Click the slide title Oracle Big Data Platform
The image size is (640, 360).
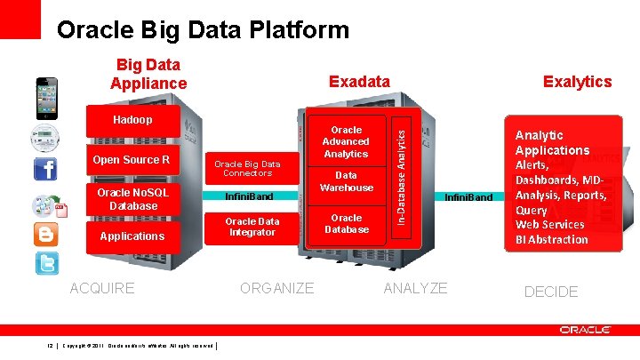[x=203, y=30]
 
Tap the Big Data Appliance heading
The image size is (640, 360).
[x=148, y=74]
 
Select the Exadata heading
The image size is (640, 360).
[x=359, y=82]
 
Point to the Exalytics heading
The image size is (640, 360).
[x=577, y=82]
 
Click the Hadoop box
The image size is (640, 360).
[x=132, y=120]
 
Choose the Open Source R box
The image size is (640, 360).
[x=131, y=160]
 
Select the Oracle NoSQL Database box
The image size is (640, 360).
[x=131, y=199]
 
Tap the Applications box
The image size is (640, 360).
[x=132, y=236]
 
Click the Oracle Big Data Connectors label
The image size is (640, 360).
[x=247, y=168]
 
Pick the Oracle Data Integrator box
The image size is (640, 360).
[x=252, y=227]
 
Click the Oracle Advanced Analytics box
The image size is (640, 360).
[x=346, y=141]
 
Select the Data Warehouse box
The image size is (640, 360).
[x=347, y=182]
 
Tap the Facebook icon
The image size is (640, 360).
[x=44, y=169]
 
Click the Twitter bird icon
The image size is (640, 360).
[x=45, y=264]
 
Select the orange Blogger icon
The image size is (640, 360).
[x=45, y=234]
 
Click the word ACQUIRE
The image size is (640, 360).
[x=102, y=288]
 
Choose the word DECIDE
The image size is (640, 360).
[x=550, y=292]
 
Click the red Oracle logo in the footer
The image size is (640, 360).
[x=585, y=330]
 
